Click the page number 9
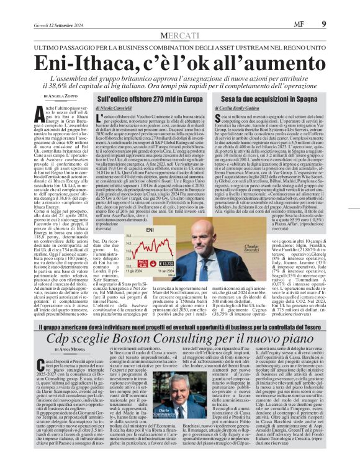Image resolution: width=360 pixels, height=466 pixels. [341, 7]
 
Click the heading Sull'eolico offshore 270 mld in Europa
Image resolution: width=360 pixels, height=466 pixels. [153, 99]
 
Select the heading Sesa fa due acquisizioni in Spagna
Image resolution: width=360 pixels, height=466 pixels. [271, 99]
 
